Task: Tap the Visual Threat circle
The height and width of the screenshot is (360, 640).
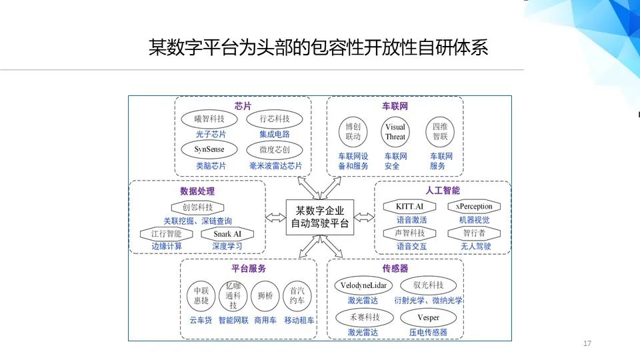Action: [395, 131]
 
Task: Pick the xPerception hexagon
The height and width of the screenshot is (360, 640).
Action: [474, 206]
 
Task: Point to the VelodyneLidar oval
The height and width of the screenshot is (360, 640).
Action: [364, 285]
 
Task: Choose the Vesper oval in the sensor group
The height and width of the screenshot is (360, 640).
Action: [428, 317]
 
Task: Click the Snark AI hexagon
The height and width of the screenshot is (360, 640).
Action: [227, 234]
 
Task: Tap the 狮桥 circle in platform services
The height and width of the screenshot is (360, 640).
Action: [264, 295]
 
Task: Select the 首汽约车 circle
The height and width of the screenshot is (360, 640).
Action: [297, 295]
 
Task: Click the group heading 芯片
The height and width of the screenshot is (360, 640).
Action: [243, 106]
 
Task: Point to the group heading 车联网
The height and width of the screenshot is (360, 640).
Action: [395, 106]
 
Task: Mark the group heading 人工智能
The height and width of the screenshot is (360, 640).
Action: [443, 191]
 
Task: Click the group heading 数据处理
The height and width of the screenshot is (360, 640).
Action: [197, 191]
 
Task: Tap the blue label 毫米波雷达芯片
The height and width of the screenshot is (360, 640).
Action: [275, 165]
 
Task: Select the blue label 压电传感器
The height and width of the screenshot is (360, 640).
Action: [428, 332]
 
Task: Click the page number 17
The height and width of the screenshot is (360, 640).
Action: [587, 343]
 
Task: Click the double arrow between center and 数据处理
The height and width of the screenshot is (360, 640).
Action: [275, 217]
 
